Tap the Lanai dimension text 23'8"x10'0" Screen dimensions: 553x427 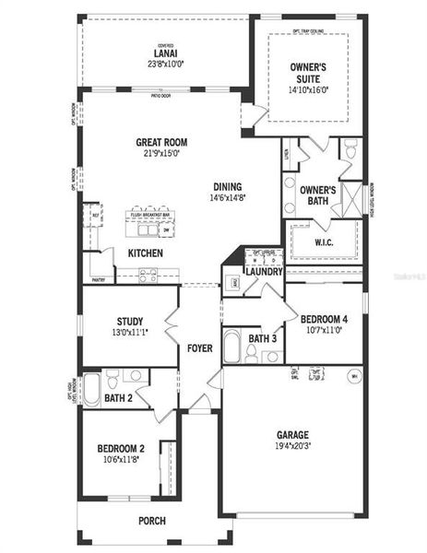(x=166, y=65)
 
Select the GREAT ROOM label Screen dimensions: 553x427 (x=161, y=142)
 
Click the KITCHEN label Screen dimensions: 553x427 (x=145, y=253)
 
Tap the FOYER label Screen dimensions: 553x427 (x=199, y=348)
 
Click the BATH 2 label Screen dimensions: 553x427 (x=119, y=398)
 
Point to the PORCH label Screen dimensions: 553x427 (x=152, y=521)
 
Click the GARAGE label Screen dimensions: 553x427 (x=292, y=434)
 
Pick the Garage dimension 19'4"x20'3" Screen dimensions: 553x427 (x=292, y=446)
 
